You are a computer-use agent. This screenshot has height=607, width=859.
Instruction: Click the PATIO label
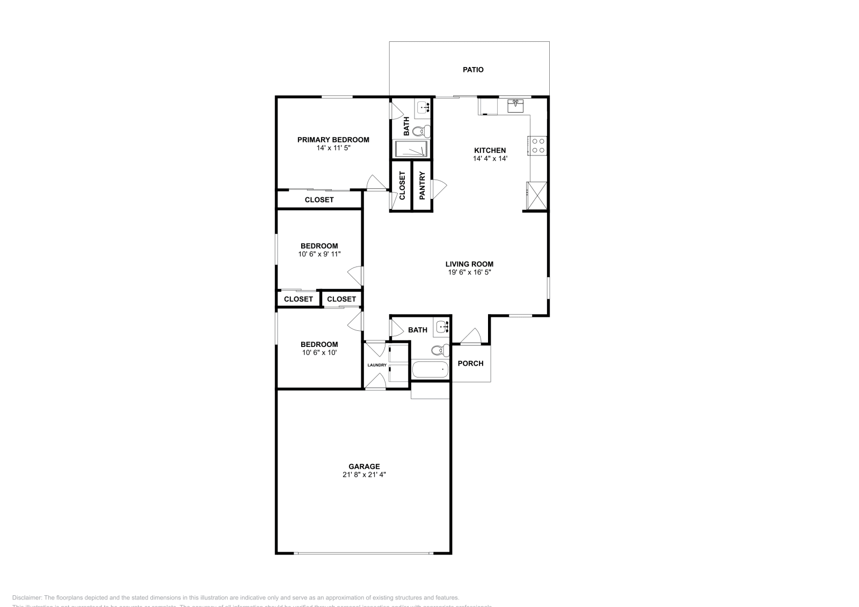(x=473, y=70)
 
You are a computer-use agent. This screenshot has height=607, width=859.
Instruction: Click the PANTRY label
(x=422, y=186)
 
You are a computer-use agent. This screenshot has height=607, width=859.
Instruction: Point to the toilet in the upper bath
(x=422, y=130)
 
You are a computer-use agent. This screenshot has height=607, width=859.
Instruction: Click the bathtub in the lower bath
(x=430, y=369)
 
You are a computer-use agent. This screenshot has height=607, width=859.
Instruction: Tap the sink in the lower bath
(x=442, y=326)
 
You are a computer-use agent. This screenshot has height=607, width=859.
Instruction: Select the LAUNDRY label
(x=377, y=365)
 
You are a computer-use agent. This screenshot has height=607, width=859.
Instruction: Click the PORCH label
(x=470, y=364)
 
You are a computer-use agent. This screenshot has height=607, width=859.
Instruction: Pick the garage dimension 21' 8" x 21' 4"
(x=365, y=475)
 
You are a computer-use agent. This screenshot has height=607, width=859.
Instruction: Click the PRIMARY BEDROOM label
(x=333, y=140)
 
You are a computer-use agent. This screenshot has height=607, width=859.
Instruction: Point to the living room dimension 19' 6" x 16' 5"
(x=470, y=272)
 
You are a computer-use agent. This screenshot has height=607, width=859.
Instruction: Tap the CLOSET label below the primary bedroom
(x=319, y=200)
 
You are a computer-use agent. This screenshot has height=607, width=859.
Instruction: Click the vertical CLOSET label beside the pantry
(x=402, y=186)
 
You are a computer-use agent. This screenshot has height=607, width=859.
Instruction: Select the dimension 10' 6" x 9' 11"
(x=319, y=254)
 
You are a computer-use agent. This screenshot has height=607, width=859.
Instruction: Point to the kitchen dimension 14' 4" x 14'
(x=490, y=159)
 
